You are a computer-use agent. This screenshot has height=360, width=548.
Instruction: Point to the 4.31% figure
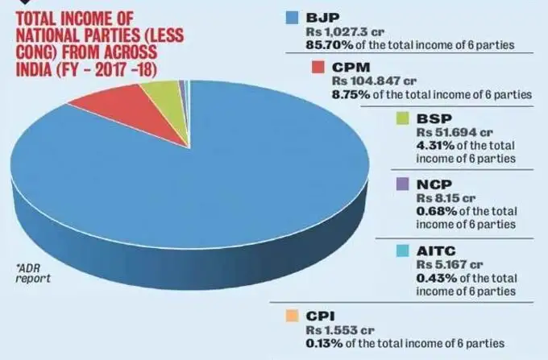[x=434, y=145]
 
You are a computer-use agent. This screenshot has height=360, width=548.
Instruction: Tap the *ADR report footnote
[x=33, y=271]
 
